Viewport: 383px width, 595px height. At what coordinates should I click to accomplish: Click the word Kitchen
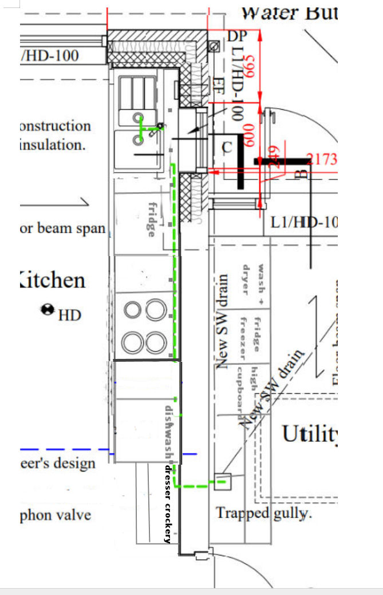pyautogui.click(x=52, y=281)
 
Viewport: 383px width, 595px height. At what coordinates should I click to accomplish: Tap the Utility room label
pyautogui.click(x=309, y=435)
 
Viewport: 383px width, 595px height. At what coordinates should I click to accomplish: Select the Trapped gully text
pyautogui.click(x=263, y=513)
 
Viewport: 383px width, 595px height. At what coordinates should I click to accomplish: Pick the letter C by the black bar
pyautogui.click(x=227, y=147)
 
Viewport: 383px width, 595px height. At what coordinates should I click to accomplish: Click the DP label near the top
pyautogui.click(x=236, y=36)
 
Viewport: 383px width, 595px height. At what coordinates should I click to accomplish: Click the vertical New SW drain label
pyautogui.click(x=223, y=321)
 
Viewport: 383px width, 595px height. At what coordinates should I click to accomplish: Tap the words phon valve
pyautogui.click(x=56, y=515)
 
